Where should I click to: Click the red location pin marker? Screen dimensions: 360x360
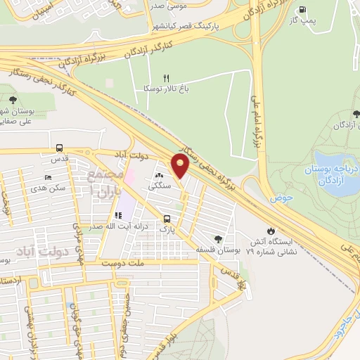181,166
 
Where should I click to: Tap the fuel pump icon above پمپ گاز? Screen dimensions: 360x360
303,10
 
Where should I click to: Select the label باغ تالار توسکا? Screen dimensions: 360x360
172,90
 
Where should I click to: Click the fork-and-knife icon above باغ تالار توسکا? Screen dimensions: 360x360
166,78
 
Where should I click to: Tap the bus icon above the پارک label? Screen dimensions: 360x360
167,218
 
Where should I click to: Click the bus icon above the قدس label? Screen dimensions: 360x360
59,148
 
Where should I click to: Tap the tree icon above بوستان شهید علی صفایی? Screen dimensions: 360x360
14,98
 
